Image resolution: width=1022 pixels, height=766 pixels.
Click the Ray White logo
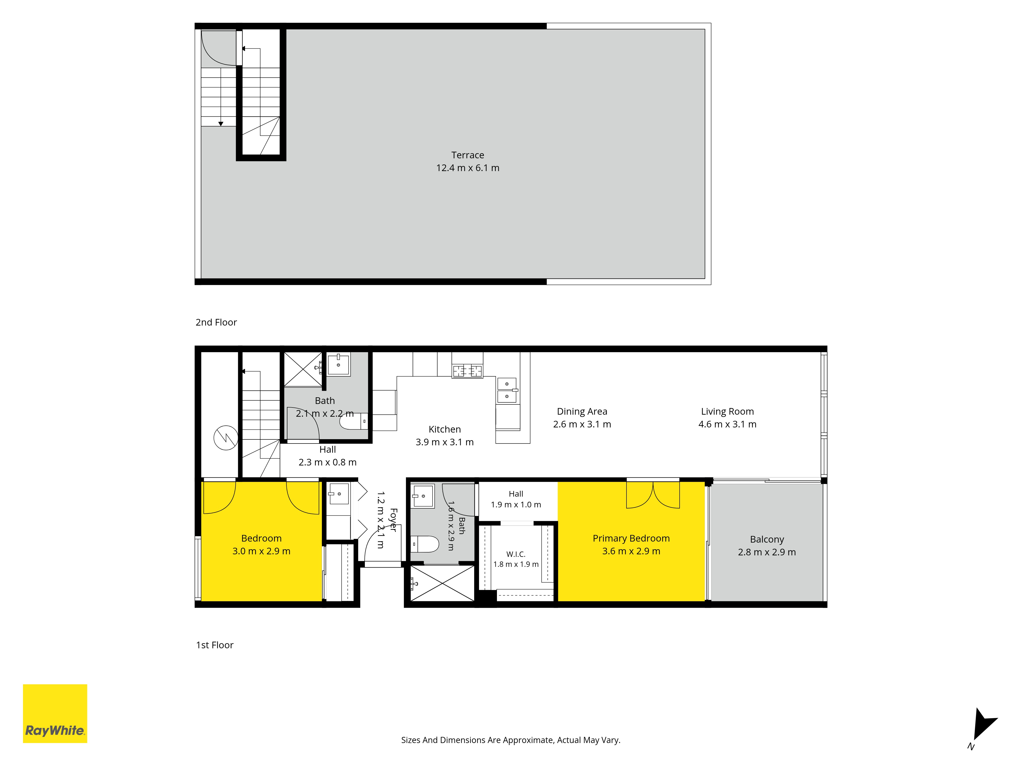pyautogui.click(x=55, y=713)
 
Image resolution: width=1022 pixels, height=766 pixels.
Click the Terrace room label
pyautogui.click(x=468, y=155)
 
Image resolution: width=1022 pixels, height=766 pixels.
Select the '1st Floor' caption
pyautogui.click(x=215, y=645)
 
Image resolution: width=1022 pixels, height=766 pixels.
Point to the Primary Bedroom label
pyautogui.click(x=631, y=538)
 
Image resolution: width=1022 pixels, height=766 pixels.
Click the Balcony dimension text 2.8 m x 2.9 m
pyautogui.click(x=767, y=552)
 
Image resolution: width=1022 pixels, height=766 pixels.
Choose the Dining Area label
pyautogui.click(x=582, y=411)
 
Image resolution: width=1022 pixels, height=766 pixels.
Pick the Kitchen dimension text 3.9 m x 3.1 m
pyautogui.click(x=445, y=442)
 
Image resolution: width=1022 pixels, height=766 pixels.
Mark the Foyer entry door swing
pyautogui.click(x=382, y=545)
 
